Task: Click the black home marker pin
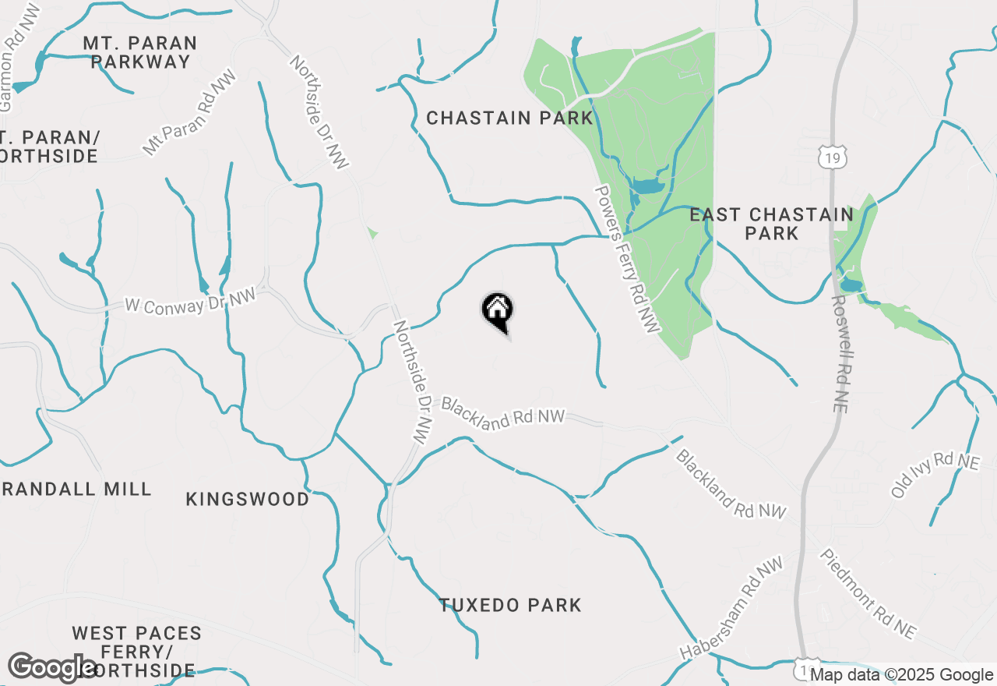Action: coord(497,311)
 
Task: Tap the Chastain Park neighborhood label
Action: coord(509,118)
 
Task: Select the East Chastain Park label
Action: coord(771,224)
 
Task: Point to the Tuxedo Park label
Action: coord(510,605)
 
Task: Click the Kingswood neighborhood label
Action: coord(248,499)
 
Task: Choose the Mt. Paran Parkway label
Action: coord(140,52)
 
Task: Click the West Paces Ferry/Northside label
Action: coord(136,651)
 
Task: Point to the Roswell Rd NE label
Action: coord(844,353)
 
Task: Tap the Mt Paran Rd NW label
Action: coord(189,116)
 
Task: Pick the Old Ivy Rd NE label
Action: coord(935,475)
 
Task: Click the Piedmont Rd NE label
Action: coord(868,593)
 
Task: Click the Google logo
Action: coord(53,667)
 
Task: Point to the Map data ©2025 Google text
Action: coord(902,675)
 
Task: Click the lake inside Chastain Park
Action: coord(646,186)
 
